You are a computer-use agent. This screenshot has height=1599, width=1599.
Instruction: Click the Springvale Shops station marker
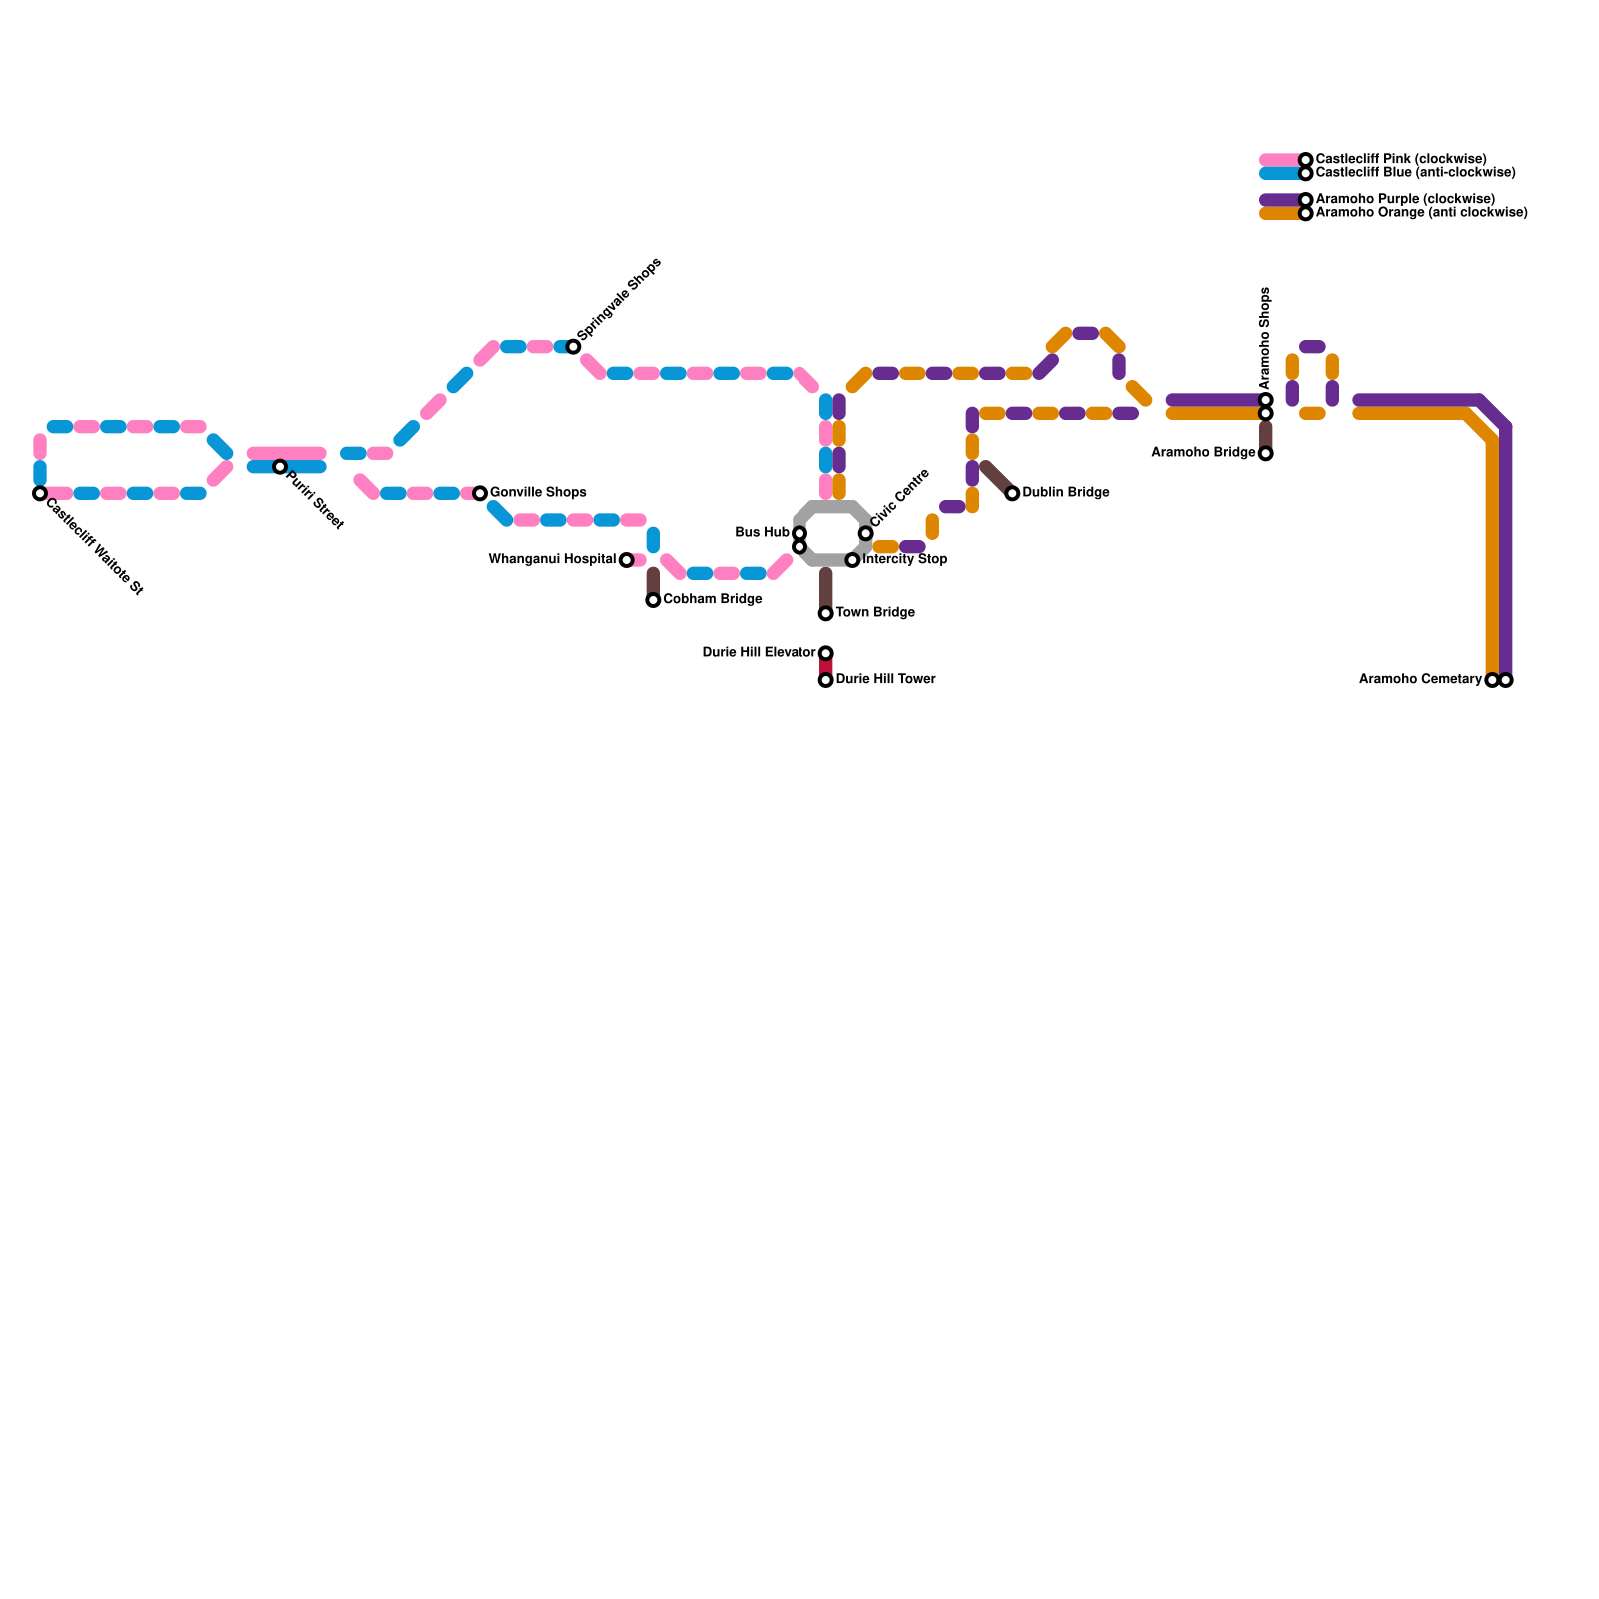click(x=573, y=347)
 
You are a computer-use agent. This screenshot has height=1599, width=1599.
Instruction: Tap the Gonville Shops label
click(x=538, y=493)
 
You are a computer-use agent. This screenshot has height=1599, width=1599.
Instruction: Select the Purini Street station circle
click(x=280, y=467)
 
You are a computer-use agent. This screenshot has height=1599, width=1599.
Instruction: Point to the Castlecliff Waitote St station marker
click(x=40, y=493)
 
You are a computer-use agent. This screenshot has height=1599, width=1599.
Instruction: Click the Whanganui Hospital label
click(x=552, y=560)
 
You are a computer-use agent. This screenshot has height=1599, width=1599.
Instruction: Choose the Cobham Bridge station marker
click(x=653, y=600)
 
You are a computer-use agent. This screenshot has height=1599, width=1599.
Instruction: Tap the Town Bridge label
click(x=875, y=613)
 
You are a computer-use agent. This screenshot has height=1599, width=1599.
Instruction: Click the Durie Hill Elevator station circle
click(x=826, y=653)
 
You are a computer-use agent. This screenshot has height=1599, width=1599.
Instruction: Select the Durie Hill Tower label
click(x=885, y=680)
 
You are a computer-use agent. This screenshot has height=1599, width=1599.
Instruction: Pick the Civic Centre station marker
click(x=865, y=533)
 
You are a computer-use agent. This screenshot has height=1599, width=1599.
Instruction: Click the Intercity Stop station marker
click(x=852, y=560)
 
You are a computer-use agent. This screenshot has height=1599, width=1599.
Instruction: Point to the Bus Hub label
click(x=762, y=533)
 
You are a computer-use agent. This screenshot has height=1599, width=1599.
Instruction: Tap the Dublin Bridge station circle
click(x=1012, y=493)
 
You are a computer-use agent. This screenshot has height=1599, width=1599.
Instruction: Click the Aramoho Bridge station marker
click(x=1266, y=454)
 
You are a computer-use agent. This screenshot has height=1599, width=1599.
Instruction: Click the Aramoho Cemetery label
click(x=1420, y=680)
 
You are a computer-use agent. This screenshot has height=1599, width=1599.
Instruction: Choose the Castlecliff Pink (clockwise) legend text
click(x=1401, y=160)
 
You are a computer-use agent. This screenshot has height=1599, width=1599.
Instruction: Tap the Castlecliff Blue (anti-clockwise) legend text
click(x=1415, y=173)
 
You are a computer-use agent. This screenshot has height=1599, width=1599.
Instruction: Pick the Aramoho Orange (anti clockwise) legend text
click(x=1421, y=213)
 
